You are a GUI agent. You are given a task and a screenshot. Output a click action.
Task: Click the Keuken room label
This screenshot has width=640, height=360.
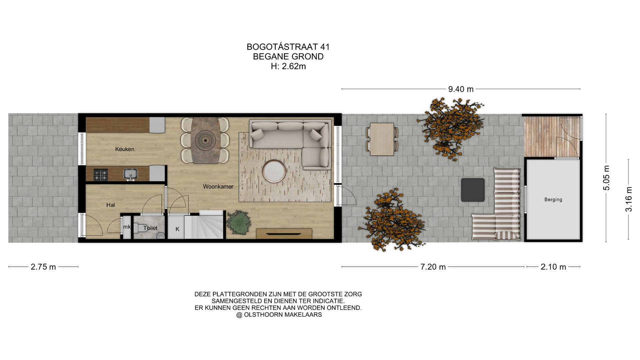pos(125,149)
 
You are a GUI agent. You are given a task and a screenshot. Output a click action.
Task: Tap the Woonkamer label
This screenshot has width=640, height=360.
pos(218,187)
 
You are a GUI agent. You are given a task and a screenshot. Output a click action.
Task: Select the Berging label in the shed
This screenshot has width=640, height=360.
pos(553,200)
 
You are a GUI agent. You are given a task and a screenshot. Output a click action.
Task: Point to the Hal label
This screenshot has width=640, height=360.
pos(111,205)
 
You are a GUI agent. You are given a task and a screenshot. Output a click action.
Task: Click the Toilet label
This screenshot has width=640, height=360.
pos(150,228)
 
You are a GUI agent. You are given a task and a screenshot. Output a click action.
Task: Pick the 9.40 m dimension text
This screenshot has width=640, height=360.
pos(461,89)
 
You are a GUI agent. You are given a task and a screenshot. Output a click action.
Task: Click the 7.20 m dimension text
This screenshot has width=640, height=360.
pos(433,267)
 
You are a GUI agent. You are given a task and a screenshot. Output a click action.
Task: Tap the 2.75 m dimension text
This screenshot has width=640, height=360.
pos(43,267)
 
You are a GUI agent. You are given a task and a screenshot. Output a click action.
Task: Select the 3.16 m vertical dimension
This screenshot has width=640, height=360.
pos(628,199)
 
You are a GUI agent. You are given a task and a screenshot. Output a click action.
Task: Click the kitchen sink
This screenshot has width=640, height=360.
pos(131,174)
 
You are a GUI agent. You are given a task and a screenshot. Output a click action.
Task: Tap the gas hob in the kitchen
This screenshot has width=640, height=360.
pos(100,175)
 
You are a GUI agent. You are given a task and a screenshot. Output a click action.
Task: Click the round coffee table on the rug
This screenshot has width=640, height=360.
pos(274,171)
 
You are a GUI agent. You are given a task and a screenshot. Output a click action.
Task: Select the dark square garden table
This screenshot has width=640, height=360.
pos(473,190)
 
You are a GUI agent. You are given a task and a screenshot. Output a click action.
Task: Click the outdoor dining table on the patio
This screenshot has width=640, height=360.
pos(382,139)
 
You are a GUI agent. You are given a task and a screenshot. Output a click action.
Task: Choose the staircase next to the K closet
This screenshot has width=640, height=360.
pos(204,225)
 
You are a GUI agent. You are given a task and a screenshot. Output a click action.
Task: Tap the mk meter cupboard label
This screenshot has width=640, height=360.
pos(127,227)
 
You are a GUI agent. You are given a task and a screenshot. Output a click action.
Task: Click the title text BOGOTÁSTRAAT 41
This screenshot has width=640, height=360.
pos(288,47)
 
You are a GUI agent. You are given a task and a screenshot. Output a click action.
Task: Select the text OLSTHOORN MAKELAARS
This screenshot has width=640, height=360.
pos(283,315)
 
